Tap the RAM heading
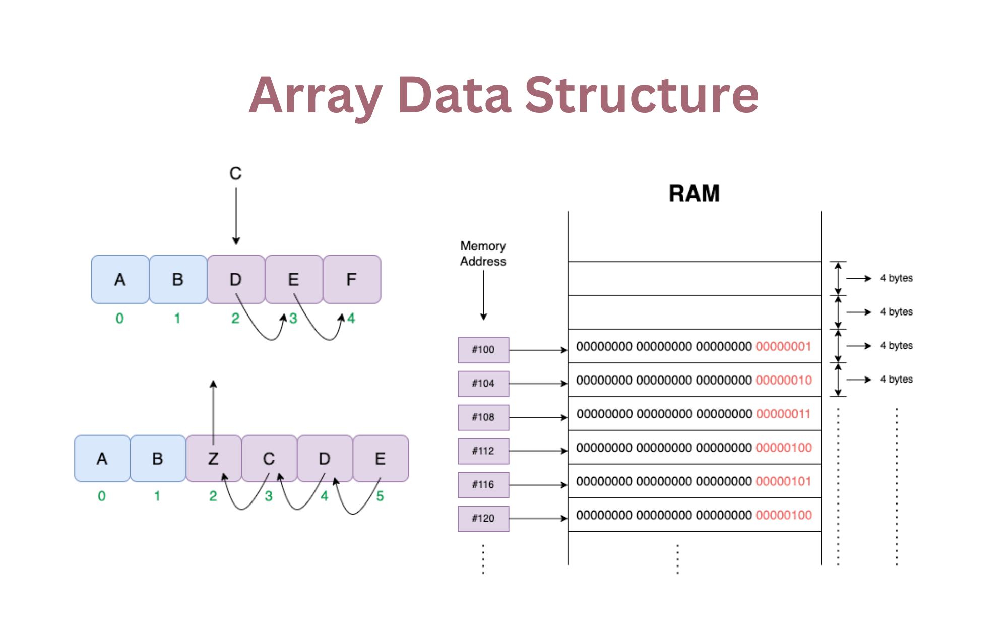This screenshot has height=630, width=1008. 694,194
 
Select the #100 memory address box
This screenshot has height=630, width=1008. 483,350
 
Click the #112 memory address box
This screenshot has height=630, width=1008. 483,451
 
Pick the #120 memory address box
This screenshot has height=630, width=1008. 483,519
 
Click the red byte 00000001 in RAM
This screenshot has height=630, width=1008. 783,347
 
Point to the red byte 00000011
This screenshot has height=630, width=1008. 783,414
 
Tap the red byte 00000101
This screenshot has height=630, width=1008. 783,482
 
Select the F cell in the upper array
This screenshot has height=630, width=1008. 352,279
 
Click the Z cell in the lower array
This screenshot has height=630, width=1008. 214,459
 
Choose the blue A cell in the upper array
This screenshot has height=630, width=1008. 120,279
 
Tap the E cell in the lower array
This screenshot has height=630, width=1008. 381,459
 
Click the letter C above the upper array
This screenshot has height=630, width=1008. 235,174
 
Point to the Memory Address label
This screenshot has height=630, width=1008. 483,254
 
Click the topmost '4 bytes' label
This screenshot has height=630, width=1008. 896,278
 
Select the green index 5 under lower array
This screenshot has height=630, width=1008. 380,496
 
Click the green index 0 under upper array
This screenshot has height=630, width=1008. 119,319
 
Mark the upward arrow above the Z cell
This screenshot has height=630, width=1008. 214,411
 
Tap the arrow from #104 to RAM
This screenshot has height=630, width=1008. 538,384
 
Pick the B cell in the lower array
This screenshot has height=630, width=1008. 158,459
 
